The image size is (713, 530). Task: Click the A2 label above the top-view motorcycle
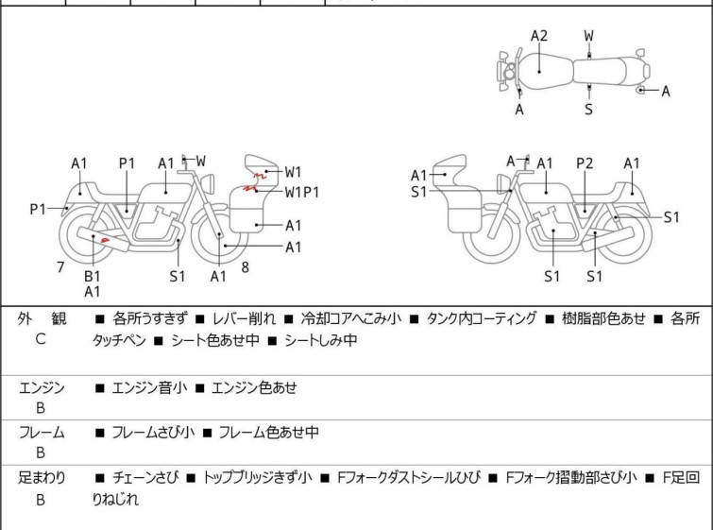[539, 36]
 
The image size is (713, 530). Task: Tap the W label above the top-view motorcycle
[589, 36]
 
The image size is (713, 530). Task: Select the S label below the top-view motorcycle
[589, 110]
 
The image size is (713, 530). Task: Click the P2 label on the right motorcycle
[586, 163]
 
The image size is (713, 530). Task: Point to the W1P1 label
[302, 192]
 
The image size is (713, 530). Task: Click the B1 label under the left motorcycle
[93, 276]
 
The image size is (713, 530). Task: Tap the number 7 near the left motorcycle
[60, 267]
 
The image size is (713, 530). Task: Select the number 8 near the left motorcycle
[245, 267]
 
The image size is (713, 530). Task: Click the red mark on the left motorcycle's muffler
[107, 240]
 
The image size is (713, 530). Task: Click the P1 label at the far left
[38, 209]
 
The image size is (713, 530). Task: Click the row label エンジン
[42, 387]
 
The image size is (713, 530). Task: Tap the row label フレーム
[42, 433]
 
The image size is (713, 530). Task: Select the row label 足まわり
[42, 478]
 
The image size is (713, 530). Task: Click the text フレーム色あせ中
[268, 433]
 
